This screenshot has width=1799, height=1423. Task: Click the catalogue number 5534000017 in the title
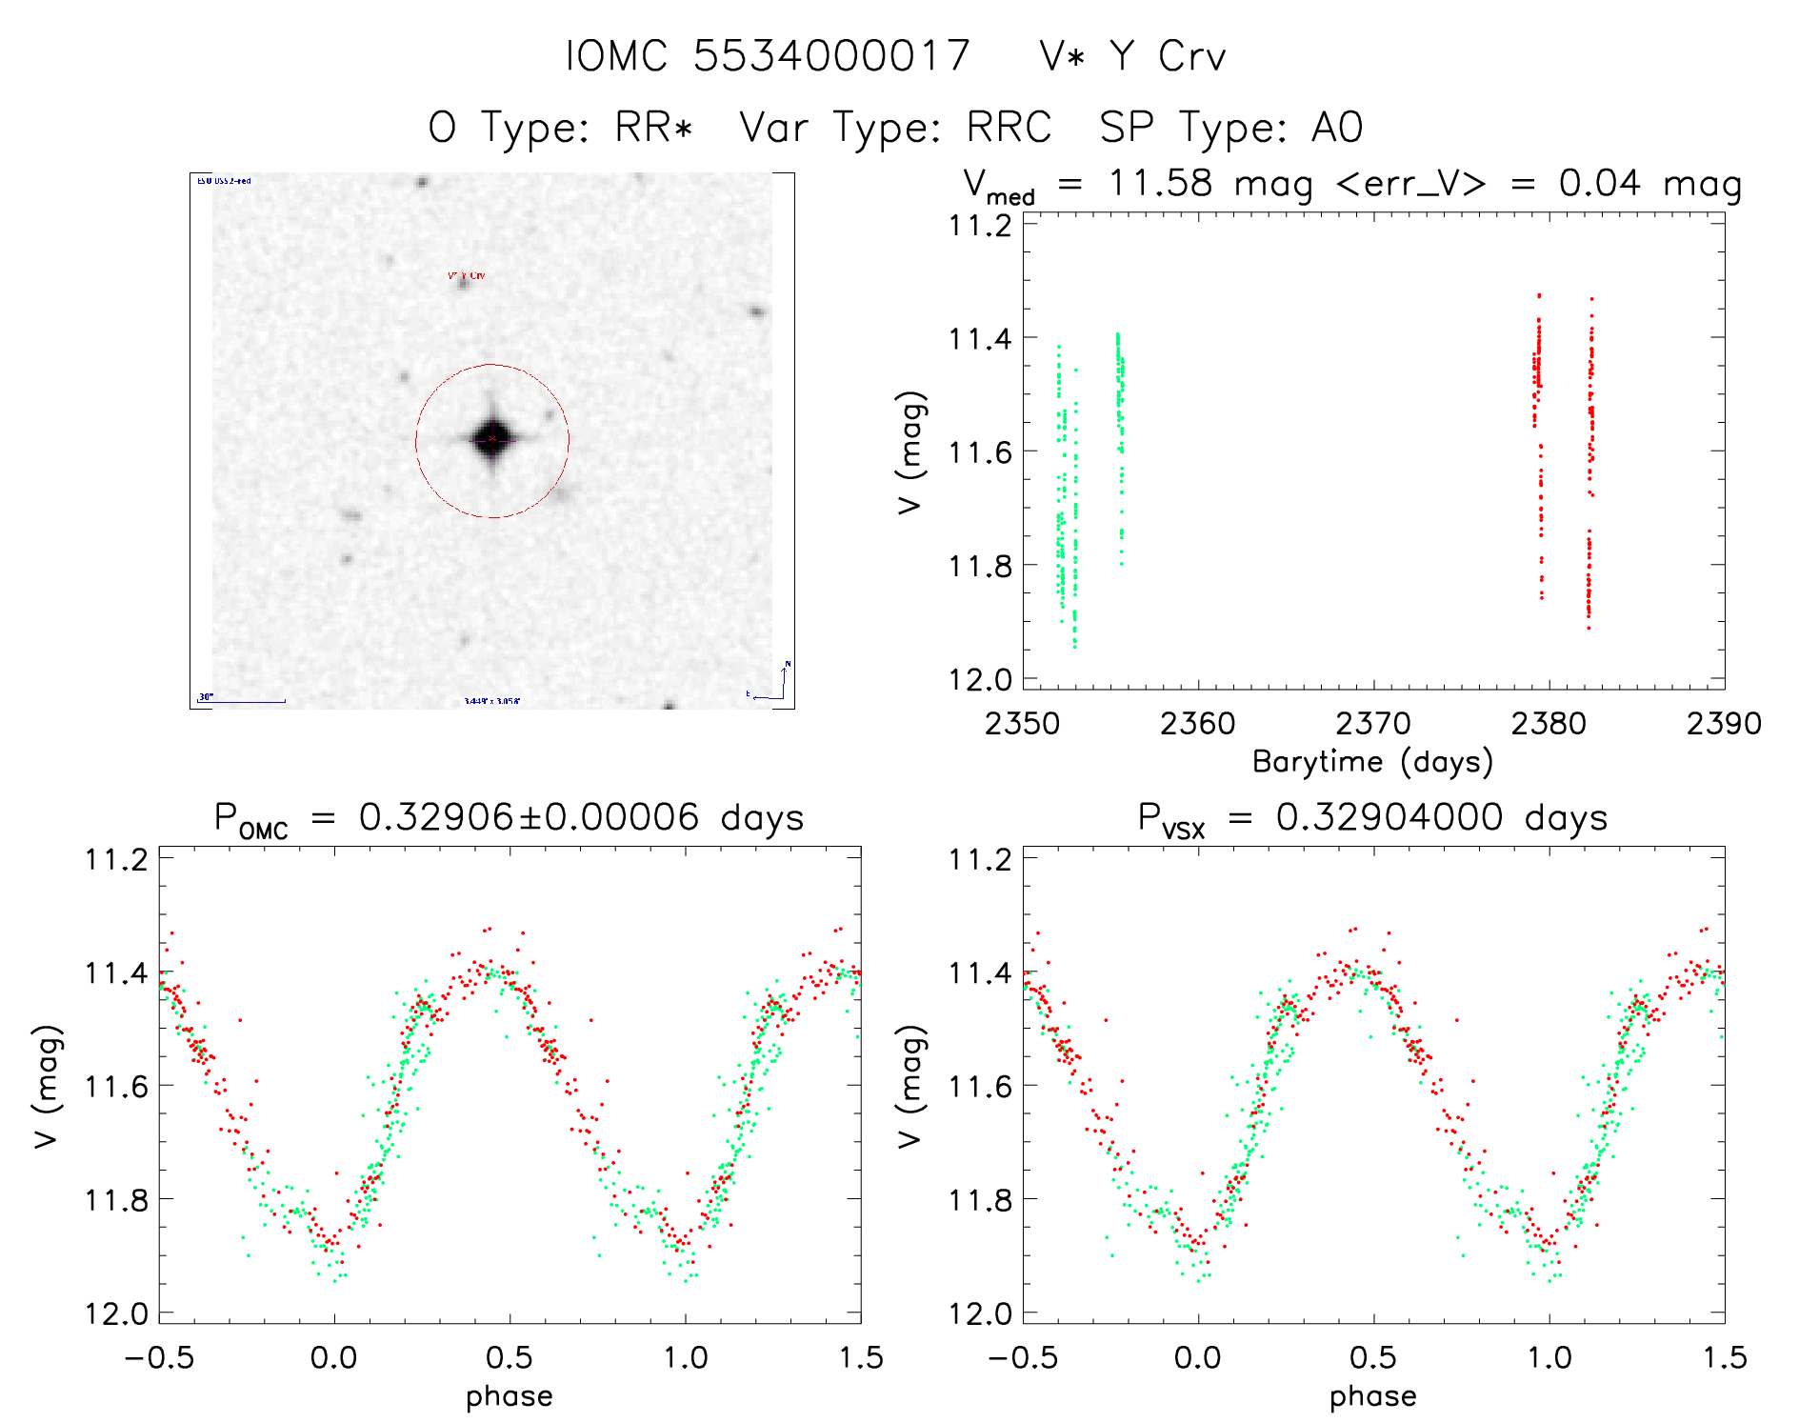pos(830,56)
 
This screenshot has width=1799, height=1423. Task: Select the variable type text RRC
pos(1009,128)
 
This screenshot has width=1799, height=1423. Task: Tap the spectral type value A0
pos(1337,128)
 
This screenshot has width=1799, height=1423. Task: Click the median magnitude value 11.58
pos(1160,183)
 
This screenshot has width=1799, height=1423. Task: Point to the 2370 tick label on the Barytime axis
pos(1372,724)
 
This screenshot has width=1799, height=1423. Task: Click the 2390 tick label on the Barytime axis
pos(1723,724)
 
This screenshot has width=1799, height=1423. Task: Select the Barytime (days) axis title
pos(1372,762)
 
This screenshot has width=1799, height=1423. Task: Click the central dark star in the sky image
pos(491,439)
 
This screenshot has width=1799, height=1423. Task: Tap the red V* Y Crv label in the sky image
pos(467,275)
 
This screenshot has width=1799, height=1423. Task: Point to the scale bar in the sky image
pos(242,701)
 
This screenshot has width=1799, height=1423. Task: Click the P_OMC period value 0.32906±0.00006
pos(529,818)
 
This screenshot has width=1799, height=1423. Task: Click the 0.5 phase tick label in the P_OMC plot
pos(510,1357)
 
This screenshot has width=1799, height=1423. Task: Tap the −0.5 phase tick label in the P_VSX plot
pos(1023,1357)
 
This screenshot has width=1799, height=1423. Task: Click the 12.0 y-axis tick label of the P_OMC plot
pos(116,1314)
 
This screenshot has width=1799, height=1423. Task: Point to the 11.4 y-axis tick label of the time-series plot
pos(980,338)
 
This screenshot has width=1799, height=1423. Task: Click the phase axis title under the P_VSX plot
pos(1372,1396)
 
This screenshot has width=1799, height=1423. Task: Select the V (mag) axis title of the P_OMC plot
pos(48,1086)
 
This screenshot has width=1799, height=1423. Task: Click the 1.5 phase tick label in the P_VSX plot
pos(1724,1357)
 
